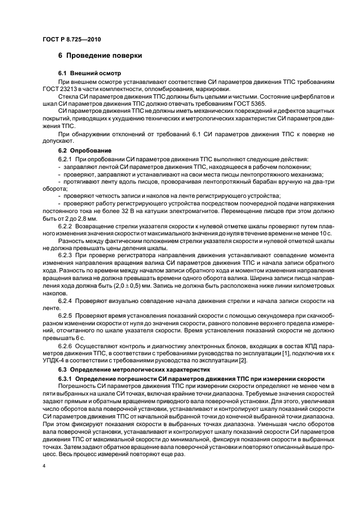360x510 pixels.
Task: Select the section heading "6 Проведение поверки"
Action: [100, 56]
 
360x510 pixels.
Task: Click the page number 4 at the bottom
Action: [44, 467]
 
